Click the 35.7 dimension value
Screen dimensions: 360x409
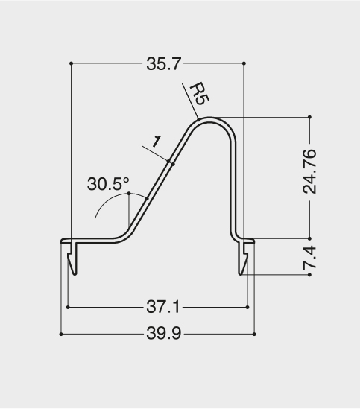click(x=163, y=64)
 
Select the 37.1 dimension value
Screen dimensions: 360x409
click(x=163, y=307)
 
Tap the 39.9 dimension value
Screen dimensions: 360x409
click(x=164, y=333)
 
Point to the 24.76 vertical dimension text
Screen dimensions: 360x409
click(x=309, y=171)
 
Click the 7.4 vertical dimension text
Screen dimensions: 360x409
click(x=309, y=258)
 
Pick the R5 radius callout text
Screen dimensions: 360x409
click(x=200, y=94)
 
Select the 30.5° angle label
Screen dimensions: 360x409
click(x=108, y=183)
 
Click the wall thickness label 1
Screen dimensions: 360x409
click(x=156, y=142)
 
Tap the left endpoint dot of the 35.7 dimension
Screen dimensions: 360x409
click(x=71, y=63)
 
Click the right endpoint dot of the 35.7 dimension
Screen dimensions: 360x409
click(x=244, y=63)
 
